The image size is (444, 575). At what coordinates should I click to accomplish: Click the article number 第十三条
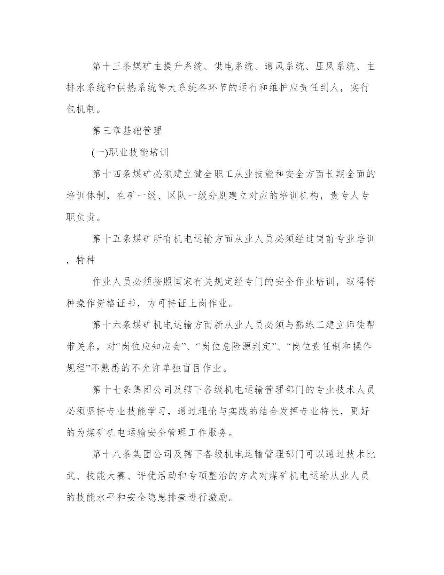(x=111, y=67)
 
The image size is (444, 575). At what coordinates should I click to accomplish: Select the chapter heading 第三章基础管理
(x=127, y=131)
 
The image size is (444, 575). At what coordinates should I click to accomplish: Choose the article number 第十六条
(x=111, y=325)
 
